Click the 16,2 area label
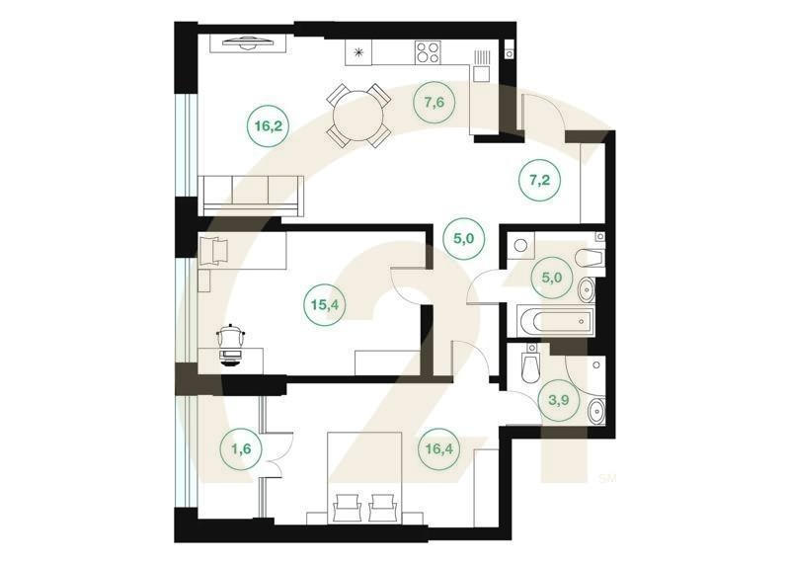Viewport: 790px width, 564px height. coord(268,126)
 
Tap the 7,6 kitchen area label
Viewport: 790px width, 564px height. coord(434,103)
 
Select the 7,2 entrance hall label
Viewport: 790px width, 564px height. coord(539,180)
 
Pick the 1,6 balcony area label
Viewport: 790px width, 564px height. coord(241,448)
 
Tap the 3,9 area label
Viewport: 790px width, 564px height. coord(559,401)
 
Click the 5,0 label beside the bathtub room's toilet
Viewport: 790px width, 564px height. coord(552,278)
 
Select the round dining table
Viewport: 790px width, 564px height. coord(358,116)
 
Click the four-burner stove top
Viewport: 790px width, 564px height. coord(428,52)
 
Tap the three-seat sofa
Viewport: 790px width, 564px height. coord(251,196)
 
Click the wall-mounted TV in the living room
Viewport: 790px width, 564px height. coord(249,42)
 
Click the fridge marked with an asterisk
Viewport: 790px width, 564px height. coord(358,52)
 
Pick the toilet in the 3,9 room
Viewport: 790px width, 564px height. coord(530,364)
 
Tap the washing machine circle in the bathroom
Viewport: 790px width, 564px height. coord(521,247)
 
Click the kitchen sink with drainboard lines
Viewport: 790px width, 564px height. coord(482,66)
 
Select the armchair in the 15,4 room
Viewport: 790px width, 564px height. coord(214,251)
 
